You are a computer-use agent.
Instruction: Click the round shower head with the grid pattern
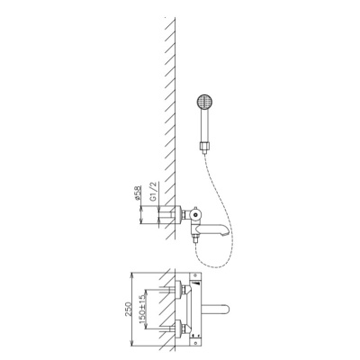205,103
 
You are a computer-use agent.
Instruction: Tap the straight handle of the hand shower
206,126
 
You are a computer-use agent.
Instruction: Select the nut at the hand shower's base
206,146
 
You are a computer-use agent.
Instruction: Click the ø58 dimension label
138,193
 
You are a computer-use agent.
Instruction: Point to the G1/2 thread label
154,192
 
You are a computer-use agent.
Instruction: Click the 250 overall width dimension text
129,310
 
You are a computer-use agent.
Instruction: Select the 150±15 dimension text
142,309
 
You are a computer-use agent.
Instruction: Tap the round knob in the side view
195,214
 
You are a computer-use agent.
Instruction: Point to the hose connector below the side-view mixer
196,239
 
